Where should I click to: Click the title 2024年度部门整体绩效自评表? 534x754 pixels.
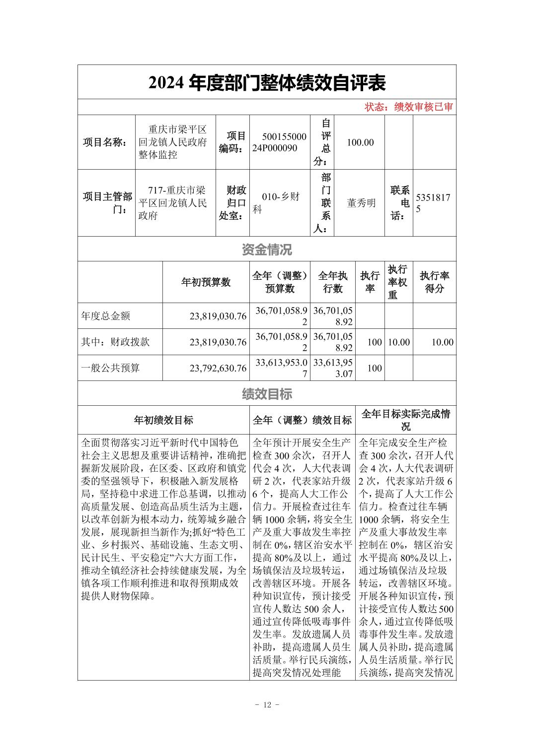tap(267, 83)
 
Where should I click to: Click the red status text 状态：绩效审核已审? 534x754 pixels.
tap(409, 107)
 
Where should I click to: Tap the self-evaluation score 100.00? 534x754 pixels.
tap(360, 142)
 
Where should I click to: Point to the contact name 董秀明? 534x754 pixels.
tap(361, 203)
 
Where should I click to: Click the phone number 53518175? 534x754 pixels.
tap(433, 203)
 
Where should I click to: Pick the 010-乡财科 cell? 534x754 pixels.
tap(280, 203)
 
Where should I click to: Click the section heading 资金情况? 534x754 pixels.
tap(267, 250)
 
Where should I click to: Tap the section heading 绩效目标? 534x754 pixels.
tap(267, 394)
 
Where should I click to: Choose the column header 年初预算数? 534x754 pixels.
tap(206, 282)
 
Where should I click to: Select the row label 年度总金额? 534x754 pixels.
tap(106, 316)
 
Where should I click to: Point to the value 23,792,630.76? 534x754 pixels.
tap(218, 368)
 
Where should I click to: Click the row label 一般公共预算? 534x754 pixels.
tap(110, 368)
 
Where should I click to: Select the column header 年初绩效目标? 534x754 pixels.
tap(163, 420)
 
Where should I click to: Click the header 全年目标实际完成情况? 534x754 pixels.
tap(405, 420)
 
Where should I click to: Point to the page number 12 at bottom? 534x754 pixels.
tap(267, 705)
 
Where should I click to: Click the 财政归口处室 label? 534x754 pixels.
tap(233, 203)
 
